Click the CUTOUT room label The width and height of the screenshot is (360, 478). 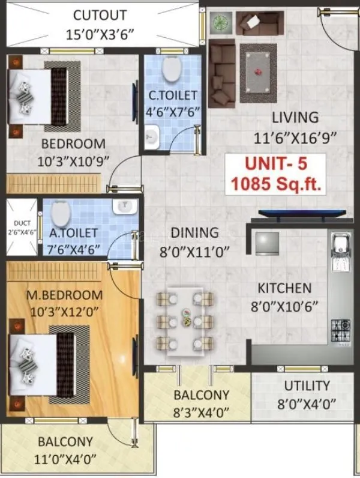click(x=100, y=15)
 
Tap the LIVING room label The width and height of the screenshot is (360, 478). click(x=294, y=116)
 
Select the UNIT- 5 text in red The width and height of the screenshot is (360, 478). click(x=275, y=164)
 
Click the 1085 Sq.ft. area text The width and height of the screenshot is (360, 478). click(x=275, y=183)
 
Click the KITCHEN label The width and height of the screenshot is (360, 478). click(x=281, y=288)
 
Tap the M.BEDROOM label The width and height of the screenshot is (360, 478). click(x=64, y=295)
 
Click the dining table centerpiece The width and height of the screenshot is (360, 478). click(x=186, y=317)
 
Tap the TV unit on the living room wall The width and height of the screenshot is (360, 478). click(x=302, y=213)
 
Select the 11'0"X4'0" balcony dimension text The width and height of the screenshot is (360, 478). click(x=65, y=460)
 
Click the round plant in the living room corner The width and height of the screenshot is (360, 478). click(x=218, y=23)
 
